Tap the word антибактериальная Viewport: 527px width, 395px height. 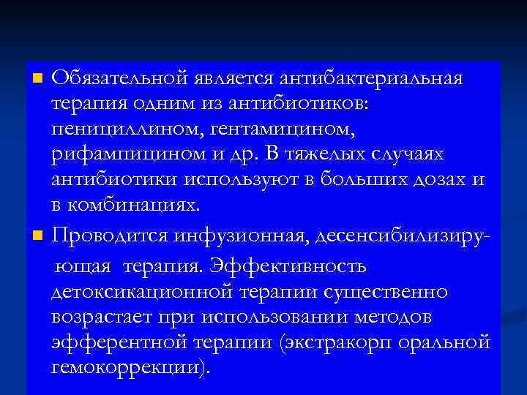[378, 78]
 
